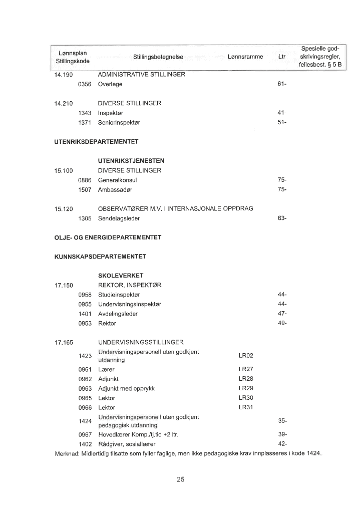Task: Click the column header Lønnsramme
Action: [245, 57]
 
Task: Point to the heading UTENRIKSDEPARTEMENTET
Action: [96, 142]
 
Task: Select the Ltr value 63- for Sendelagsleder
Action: [281, 218]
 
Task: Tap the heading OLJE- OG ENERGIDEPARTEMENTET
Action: [107, 237]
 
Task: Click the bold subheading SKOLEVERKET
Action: [121, 276]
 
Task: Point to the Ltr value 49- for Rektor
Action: [281, 324]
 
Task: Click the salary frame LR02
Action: [246, 356]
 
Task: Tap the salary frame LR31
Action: [246, 407]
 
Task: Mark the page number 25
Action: [181, 479]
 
